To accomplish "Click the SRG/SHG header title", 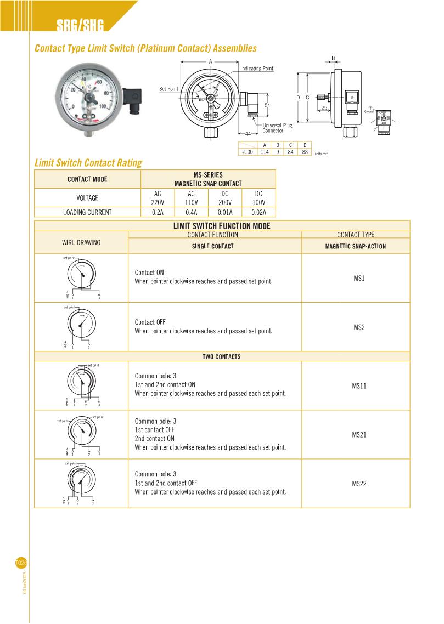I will tap(80, 25).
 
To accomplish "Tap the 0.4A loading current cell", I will tap(191, 212).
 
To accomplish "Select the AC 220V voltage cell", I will tap(158, 198).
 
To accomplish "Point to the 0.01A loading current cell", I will tap(225, 212).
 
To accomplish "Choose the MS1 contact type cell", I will tap(359, 278).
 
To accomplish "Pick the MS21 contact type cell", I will tap(359, 435).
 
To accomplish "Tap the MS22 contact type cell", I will tap(359, 484).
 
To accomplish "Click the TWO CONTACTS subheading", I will tap(222, 357).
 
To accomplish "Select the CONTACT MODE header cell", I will tap(88, 179).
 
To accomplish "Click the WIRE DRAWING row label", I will tap(81, 242).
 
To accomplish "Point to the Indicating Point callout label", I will tap(257, 69).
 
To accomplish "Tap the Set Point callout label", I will tap(168, 89).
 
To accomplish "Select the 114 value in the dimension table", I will tap(265, 152).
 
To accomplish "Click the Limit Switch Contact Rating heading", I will tap(88, 162).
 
